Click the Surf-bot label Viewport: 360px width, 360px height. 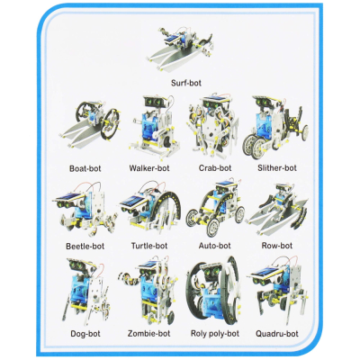click(191, 83)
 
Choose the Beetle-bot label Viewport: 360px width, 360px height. click(85, 245)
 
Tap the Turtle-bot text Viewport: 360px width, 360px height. click(148, 245)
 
